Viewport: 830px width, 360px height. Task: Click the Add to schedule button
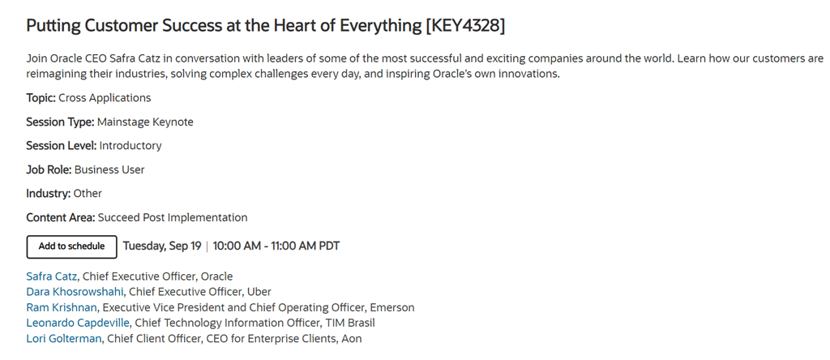71,246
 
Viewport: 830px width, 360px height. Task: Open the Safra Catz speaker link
51,276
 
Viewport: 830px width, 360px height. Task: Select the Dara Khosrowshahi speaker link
75,292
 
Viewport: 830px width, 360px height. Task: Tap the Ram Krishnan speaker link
62,307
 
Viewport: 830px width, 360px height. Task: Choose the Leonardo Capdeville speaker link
78,323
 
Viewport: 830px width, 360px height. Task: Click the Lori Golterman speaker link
63,339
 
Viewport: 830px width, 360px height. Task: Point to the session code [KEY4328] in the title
465,26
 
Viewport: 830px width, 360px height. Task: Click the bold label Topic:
41,98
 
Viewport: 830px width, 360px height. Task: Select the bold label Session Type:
60,122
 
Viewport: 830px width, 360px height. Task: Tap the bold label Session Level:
62,146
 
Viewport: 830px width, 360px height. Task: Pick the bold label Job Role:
49,170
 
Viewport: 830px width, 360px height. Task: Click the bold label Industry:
48,194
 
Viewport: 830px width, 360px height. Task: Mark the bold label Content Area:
61,217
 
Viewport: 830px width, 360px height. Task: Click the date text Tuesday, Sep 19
162,246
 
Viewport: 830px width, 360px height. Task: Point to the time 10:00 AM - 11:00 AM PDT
276,246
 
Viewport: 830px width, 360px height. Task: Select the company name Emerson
392,307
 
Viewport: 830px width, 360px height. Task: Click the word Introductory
130,146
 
